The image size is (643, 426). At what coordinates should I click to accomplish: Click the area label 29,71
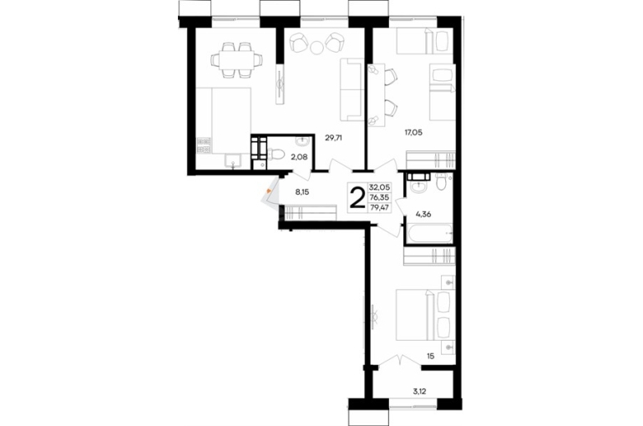pyautogui.click(x=333, y=138)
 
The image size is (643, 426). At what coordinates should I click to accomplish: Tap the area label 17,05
pyautogui.click(x=413, y=132)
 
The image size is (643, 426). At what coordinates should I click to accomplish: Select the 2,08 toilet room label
pyautogui.click(x=299, y=156)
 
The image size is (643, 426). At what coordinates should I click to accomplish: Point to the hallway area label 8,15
pyautogui.click(x=301, y=191)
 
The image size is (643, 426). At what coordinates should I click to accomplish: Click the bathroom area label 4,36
pyautogui.click(x=423, y=214)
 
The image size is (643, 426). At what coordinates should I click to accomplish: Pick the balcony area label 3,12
pyautogui.click(x=419, y=392)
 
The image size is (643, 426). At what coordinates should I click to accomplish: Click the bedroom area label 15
pyautogui.click(x=430, y=357)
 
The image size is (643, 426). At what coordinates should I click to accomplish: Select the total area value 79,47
pyautogui.click(x=379, y=207)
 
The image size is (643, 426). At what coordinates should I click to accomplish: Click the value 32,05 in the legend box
pyautogui.click(x=379, y=187)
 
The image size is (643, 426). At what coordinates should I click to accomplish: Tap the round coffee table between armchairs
pyautogui.click(x=316, y=48)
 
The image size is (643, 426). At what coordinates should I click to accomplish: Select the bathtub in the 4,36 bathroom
pyautogui.click(x=428, y=234)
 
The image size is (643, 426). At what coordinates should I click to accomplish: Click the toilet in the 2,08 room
pyautogui.click(x=277, y=155)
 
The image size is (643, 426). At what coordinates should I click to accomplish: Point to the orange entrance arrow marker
pyautogui.click(x=268, y=190)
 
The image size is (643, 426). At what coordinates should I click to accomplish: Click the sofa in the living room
pyautogui.click(x=352, y=89)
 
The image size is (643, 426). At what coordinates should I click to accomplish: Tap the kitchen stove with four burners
pyautogui.click(x=204, y=145)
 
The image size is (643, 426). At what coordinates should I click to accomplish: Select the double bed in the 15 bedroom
pyautogui.click(x=426, y=315)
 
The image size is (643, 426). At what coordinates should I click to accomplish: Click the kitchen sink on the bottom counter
pyautogui.click(x=232, y=162)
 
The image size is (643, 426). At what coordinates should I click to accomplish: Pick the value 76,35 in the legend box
pyautogui.click(x=379, y=197)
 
